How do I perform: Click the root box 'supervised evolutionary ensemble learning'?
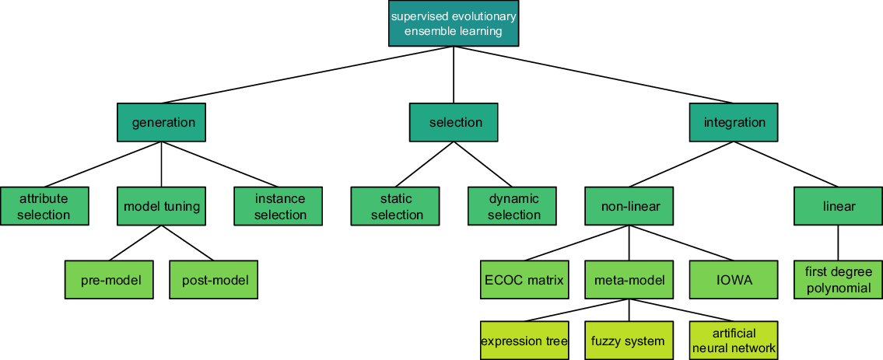pyautogui.click(x=453, y=23)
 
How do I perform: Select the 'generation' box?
pyautogui.click(x=163, y=122)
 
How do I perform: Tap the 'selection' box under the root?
pyautogui.click(x=454, y=122)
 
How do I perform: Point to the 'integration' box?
pyautogui.click(x=734, y=122)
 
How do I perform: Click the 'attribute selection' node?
pyautogui.click(x=44, y=206)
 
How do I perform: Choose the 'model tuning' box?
pyautogui.click(x=162, y=206)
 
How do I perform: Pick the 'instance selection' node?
pyautogui.click(x=279, y=206)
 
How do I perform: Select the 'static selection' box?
pyautogui.click(x=396, y=206)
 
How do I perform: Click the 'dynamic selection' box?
pyautogui.click(x=513, y=206)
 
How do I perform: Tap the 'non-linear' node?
pyautogui.click(x=629, y=206)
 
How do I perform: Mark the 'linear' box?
pyautogui.click(x=838, y=206)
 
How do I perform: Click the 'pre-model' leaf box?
pyautogui.click(x=110, y=280)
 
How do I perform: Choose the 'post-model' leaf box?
pyautogui.click(x=214, y=280)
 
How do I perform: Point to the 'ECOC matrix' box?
pyautogui.click(x=524, y=280)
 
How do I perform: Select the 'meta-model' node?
pyautogui.click(x=629, y=280)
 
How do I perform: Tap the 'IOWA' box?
pyautogui.click(x=734, y=280)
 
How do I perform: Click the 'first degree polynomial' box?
pyautogui.click(x=838, y=280)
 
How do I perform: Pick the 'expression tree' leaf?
pyautogui.click(x=524, y=341)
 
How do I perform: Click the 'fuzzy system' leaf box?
pyautogui.click(x=629, y=341)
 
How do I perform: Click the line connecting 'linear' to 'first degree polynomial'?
pyautogui.click(x=838, y=243)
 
